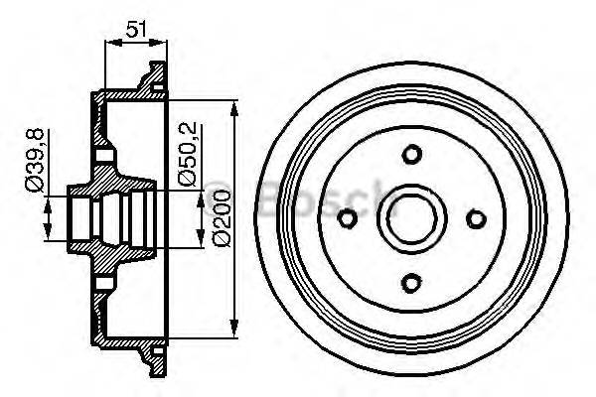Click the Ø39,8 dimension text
(34, 175)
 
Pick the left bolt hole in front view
(347, 218)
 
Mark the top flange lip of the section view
(153, 74)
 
